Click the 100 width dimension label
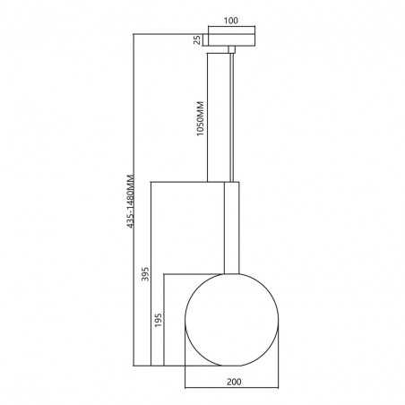click(x=231, y=21)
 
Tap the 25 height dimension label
click(x=197, y=39)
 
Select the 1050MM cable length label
click(x=201, y=119)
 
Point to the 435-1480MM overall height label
click(x=130, y=201)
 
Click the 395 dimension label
click(x=145, y=274)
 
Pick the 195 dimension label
click(x=158, y=320)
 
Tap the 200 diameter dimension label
click(x=234, y=382)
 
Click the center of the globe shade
click(x=232, y=320)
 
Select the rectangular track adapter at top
click(x=232, y=37)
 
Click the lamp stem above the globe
click(x=232, y=228)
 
